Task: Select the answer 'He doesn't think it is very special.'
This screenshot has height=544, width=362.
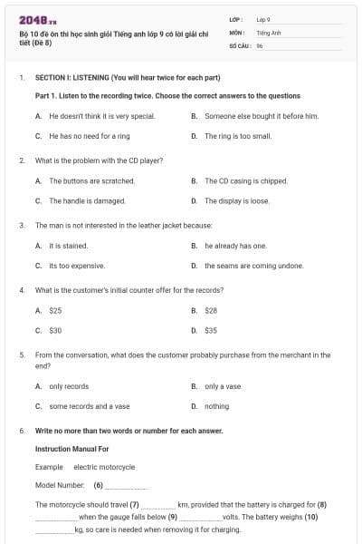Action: coord(101,116)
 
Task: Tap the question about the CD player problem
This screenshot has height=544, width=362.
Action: coord(99,160)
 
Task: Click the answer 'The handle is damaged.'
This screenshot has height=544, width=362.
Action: coord(87,200)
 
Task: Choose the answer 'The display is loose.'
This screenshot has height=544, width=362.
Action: coord(236,200)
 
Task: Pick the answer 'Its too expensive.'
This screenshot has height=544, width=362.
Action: coord(77,266)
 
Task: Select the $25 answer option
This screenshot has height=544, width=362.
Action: coord(55,310)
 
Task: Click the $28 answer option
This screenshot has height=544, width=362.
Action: coord(211,310)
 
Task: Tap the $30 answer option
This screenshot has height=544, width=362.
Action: coord(55,330)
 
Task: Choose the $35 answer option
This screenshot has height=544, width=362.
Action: coord(211,330)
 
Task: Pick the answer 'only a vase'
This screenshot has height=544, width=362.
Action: coord(223,386)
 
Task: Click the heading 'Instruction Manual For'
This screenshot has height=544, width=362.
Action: coord(71,449)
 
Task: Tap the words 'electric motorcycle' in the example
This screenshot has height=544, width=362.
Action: coord(104,467)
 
